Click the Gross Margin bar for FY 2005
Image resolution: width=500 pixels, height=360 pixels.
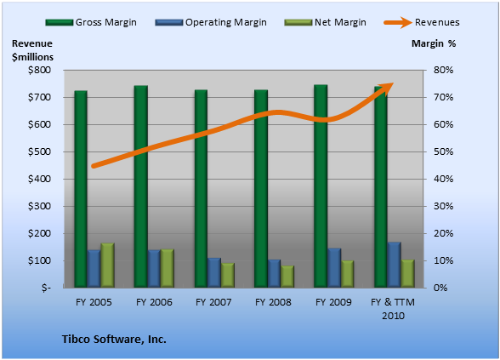coord(81,189)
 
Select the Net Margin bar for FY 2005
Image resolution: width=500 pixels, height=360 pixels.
coord(107,266)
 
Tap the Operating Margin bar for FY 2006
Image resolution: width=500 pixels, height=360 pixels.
coord(154,269)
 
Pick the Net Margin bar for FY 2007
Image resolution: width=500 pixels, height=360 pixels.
coord(228,276)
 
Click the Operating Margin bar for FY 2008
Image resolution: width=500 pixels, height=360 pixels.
coord(274,273)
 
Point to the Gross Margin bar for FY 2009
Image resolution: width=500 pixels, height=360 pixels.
coord(321,186)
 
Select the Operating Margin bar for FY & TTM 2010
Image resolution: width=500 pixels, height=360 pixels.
coord(395,265)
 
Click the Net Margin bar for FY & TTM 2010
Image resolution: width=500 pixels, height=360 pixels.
coord(407,274)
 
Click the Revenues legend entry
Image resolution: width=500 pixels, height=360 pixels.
coord(422,22)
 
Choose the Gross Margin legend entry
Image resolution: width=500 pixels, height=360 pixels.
coord(91,22)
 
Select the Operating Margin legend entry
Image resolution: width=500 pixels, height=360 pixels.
coord(211,22)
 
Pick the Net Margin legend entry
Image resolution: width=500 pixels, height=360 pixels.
coord(325,22)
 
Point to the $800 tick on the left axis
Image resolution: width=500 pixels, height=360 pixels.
coord(39,70)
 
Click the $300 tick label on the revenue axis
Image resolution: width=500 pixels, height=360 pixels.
coord(39,207)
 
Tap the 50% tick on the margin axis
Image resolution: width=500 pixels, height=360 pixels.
coord(443,151)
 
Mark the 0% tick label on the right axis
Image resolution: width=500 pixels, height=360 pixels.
coord(440,288)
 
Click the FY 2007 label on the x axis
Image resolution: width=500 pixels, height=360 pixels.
coord(213,302)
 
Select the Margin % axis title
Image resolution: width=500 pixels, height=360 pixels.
coord(434,43)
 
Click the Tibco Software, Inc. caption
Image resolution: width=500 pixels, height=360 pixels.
coord(114,339)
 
